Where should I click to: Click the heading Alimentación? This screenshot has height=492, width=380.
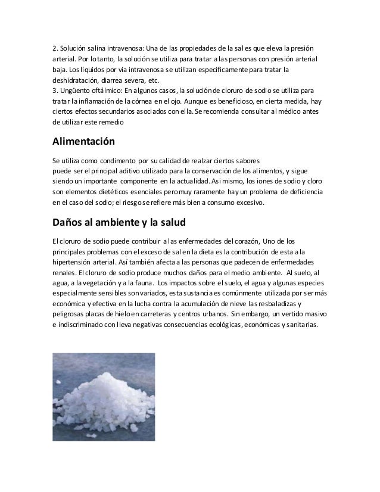click(83, 142)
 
